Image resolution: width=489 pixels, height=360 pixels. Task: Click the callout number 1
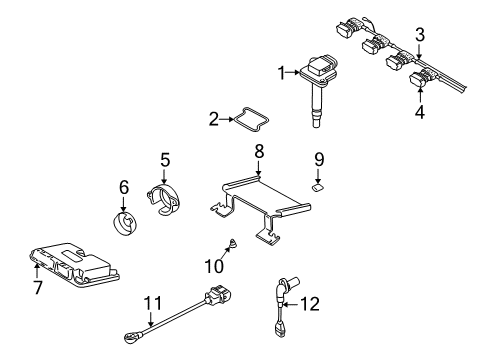click(282, 73)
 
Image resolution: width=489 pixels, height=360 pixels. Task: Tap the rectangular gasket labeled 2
click(252, 119)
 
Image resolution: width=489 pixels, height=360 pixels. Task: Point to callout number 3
click(420, 35)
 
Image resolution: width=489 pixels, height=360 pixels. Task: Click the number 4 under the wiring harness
click(420, 112)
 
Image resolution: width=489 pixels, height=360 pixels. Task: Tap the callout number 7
click(38, 287)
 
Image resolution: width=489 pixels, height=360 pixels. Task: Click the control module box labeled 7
click(75, 266)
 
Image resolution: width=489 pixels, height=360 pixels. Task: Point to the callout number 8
click(259, 151)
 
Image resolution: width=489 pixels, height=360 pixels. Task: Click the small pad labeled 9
click(318, 188)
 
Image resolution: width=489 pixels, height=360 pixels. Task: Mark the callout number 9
click(319, 159)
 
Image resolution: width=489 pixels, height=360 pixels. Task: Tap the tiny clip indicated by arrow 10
click(233, 243)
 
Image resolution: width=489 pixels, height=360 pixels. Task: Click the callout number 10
click(214, 266)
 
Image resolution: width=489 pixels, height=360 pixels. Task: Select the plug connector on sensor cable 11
click(219, 294)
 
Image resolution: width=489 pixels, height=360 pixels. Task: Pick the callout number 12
click(310, 304)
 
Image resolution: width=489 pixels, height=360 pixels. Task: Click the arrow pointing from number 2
click(227, 119)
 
